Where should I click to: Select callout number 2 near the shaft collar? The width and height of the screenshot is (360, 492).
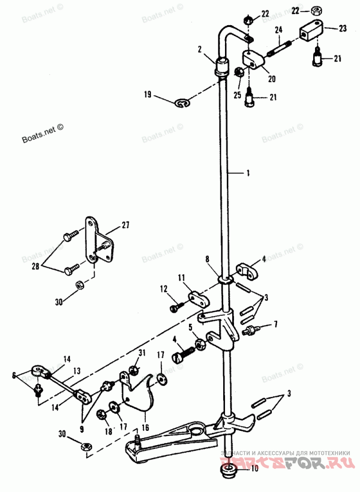tap(199, 49)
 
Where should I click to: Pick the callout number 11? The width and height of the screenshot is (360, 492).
tap(180, 279)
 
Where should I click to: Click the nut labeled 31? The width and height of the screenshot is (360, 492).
tap(134, 370)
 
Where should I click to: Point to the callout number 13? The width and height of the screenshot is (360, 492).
tap(77, 370)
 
